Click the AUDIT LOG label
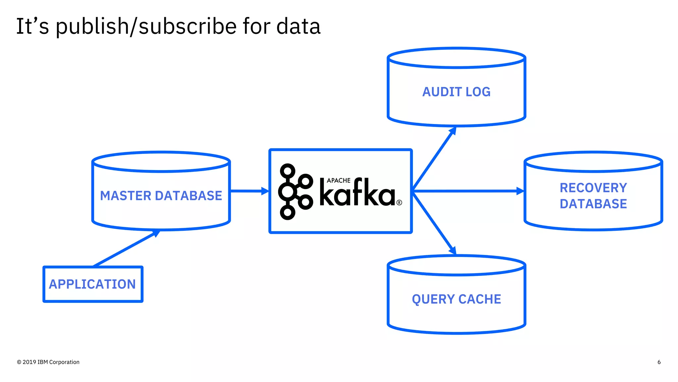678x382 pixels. pos(456,92)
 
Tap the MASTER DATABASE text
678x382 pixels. pos(161,196)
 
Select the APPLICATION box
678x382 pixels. pos(93,284)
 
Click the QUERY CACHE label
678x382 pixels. pos(456,299)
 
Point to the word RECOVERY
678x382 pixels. pos(593,188)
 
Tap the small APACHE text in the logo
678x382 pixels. pos(338,180)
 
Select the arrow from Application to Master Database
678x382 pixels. pos(126,249)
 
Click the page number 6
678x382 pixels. pos(659,362)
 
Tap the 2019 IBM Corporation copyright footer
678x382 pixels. pos(48,362)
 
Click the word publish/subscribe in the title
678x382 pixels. pos(146,27)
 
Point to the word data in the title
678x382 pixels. pos(298,27)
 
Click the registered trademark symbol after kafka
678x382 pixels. pos(399,203)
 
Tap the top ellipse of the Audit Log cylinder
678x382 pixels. pos(456,58)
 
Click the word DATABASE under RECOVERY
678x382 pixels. pos(593,204)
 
